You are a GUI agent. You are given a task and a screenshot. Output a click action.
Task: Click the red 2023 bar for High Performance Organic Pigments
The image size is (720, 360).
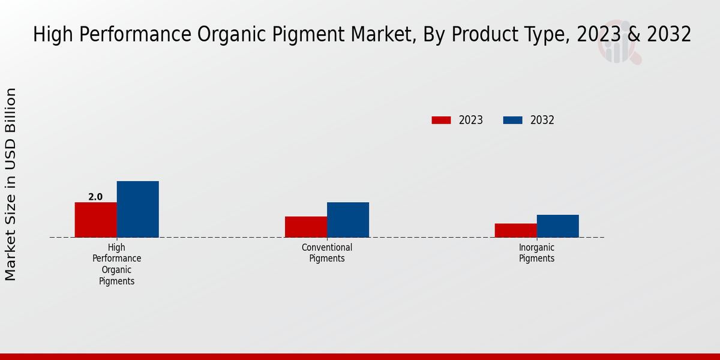(x=95, y=220)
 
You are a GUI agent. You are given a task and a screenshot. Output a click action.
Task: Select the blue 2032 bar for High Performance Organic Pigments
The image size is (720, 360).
(x=137, y=209)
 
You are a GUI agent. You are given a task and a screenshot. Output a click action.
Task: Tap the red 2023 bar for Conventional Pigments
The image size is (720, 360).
(x=305, y=227)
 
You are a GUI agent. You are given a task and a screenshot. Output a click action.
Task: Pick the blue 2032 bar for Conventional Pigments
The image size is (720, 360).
(x=347, y=220)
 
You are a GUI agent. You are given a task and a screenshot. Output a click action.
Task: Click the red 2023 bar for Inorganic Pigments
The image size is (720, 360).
(x=515, y=230)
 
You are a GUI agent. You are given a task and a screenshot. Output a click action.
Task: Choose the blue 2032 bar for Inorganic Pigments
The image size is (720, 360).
(x=557, y=226)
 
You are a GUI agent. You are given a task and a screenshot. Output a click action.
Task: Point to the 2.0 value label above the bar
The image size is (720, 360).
(x=95, y=197)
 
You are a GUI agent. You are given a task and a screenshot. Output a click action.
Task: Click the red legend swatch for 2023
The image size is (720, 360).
(x=441, y=120)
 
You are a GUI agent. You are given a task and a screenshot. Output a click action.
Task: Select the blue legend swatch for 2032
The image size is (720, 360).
(x=512, y=120)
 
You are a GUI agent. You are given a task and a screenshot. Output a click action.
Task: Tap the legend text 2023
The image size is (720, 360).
(x=470, y=120)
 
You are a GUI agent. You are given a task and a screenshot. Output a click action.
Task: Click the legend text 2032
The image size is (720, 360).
(x=542, y=120)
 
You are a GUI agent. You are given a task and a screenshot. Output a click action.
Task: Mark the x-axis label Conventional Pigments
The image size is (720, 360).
(x=327, y=253)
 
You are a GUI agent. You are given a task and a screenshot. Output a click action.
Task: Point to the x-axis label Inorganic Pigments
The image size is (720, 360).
(x=536, y=253)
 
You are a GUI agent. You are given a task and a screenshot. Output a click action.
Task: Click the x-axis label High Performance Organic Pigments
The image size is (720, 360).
(x=116, y=264)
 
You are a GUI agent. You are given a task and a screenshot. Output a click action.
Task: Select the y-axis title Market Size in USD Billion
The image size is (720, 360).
(x=11, y=184)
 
